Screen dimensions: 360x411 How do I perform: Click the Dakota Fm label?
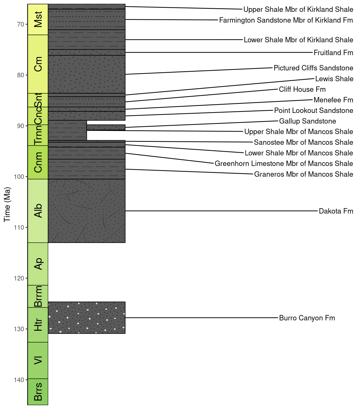tap(336, 211)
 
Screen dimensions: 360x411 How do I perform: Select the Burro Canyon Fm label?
tap(307, 318)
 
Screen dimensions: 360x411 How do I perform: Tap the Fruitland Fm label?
tap(333, 53)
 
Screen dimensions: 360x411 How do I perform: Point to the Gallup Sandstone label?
tap(307, 121)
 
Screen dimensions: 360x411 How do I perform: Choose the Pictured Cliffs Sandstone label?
tap(313, 68)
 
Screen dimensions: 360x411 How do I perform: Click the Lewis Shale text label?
tap(334, 79)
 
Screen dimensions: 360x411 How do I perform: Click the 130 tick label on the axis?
tap(19, 329)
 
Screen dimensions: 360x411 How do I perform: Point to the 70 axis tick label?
tap(21, 24)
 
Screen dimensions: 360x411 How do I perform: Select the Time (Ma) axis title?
tap(7, 204)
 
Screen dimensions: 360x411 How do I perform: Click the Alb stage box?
tap(38, 211)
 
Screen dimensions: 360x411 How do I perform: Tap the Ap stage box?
tap(38, 264)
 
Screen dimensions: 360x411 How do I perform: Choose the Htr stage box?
tap(38, 325)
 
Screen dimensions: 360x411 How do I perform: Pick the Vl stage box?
tap(38, 360)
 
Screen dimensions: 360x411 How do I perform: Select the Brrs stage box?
tap(38, 392)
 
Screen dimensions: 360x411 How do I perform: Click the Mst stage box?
tap(38, 20)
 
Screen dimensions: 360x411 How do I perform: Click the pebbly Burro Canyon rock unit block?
tap(87, 318)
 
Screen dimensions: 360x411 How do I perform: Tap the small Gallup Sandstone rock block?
tap(106, 127)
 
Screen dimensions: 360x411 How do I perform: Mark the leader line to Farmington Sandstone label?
tap(171, 20)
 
